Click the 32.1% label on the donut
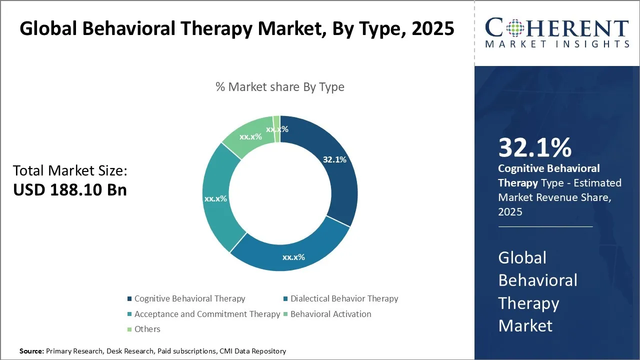pos(334,160)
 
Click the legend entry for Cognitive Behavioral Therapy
pos(189,299)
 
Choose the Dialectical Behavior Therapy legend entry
pos(344,299)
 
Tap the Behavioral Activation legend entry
pos(330,314)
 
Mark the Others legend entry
pos(147,329)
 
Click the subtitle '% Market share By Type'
pos(280,87)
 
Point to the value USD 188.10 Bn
pos(70,190)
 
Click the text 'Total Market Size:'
pos(70,171)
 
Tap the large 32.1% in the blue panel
pos(534,148)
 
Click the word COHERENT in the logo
pos(556,28)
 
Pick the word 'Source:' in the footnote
pos(32,351)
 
